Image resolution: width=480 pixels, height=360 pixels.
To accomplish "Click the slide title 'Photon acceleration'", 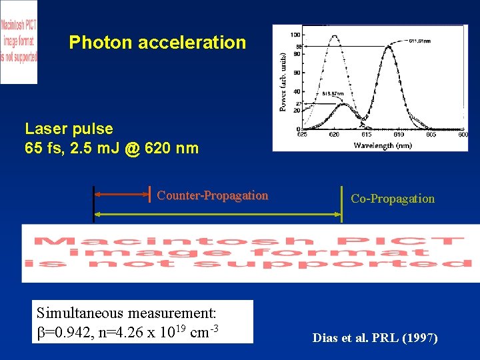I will (157, 43).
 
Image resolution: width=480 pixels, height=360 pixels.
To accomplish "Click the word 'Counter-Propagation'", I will (212, 195).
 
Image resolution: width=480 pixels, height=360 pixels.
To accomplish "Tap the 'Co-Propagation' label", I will (392, 199).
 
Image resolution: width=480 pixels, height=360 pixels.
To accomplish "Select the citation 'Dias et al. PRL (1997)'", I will (375, 338).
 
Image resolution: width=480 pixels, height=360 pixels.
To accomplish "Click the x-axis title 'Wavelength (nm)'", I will (383, 145).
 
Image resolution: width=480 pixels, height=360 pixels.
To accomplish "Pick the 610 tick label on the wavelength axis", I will (399, 135).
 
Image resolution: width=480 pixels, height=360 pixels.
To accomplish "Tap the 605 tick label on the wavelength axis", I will (431, 135).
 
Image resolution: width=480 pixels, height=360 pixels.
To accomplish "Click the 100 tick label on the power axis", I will (294, 35).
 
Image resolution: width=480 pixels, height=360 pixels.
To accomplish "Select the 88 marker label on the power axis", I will (299, 46).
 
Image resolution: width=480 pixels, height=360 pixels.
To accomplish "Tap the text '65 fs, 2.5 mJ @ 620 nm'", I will (111, 148).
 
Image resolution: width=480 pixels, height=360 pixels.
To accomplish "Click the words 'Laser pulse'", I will (69, 128).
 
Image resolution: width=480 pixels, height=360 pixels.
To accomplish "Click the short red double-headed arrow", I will (122, 195).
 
